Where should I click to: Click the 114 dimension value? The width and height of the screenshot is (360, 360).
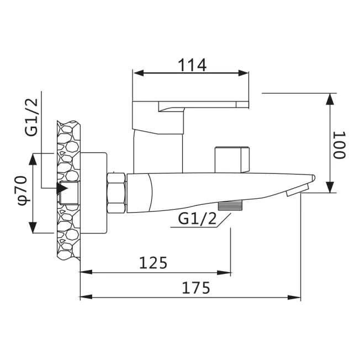tap(192, 65)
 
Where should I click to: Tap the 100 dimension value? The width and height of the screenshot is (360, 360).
tap(339, 145)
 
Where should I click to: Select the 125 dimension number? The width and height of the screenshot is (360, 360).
tap(153, 263)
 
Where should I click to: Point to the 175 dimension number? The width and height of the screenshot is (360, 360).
tap(196, 288)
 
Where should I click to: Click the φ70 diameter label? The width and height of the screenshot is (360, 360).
tap(24, 190)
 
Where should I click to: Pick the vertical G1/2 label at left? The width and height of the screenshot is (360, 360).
tap(31, 117)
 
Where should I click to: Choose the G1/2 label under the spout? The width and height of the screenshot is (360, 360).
tap(197, 219)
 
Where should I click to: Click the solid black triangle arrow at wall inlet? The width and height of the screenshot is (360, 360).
tap(62, 188)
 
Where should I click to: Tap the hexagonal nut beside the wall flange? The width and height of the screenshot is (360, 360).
tap(117, 193)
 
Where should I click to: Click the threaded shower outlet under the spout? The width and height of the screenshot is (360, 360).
tap(230, 205)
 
